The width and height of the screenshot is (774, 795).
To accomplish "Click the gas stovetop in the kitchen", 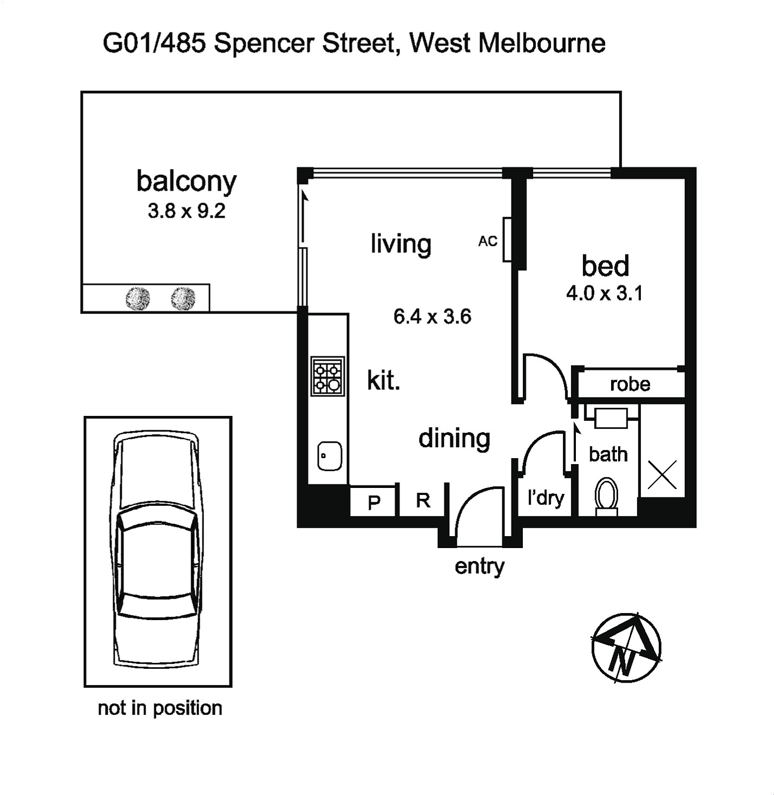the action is (328, 376).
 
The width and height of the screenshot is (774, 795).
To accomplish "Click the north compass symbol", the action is (627, 647).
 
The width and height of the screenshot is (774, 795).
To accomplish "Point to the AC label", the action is (488, 241).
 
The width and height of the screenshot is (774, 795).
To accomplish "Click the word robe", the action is (630, 384).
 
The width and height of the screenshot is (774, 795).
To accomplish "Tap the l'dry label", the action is (546, 497).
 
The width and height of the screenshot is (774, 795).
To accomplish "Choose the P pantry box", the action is (373, 501).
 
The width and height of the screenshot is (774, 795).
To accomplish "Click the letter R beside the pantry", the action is (423, 500).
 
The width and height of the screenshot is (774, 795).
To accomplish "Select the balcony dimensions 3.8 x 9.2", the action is (187, 211).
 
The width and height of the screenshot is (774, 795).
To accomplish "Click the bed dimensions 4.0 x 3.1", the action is (605, 293).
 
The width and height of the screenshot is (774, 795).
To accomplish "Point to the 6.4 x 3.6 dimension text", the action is (432, 317).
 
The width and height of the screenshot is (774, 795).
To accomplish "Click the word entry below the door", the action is (479, 566).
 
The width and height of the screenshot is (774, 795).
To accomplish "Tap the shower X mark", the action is (662, 474).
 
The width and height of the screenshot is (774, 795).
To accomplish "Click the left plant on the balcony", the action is (138, 298).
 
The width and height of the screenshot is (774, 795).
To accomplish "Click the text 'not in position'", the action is (160, 708).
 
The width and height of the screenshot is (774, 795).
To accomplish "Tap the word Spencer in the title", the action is (265, 44).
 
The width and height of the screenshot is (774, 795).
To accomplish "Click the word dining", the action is (454, 438).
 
